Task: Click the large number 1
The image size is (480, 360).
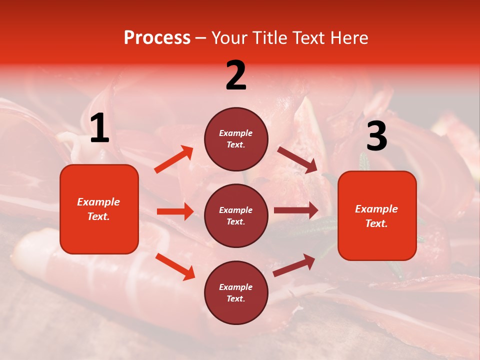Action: point(99,128)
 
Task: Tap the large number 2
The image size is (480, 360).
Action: point(236,75)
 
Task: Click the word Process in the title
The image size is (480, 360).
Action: point(157,37)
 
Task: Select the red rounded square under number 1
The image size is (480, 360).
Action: point(99,209)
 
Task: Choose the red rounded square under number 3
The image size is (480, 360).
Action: point(377,216)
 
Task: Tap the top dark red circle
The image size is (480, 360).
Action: point(236,139)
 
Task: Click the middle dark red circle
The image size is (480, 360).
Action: point(236,215)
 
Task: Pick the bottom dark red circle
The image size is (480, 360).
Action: point(236,292)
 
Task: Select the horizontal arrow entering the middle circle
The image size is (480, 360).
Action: point(175,211)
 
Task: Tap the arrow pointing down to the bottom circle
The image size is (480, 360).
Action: point(175,266)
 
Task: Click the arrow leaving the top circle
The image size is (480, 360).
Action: point(297,160)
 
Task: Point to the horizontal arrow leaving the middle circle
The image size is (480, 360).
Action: point(296,210)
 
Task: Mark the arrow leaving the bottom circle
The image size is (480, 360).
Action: point(294,265)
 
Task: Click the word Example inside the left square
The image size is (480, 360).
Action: point(98,202)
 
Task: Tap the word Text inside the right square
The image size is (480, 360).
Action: point(376,223)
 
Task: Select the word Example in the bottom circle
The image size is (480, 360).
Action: point(236,287)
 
